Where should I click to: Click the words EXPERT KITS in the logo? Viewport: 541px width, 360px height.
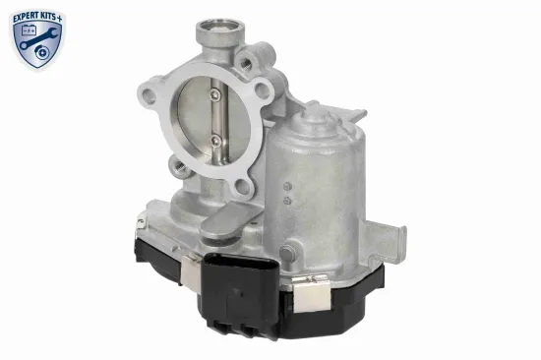click(x=35, y=18)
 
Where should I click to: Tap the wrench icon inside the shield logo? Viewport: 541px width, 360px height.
click(x=38, y=38)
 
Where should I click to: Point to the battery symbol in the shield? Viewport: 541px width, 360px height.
click(x=29, y=30)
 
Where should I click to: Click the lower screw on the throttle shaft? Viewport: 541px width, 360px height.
click(x=215, y=140)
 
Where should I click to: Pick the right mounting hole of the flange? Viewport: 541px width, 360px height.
click(x=263, y=90)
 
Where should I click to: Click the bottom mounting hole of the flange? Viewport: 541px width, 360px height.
click(x=243, y=187)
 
